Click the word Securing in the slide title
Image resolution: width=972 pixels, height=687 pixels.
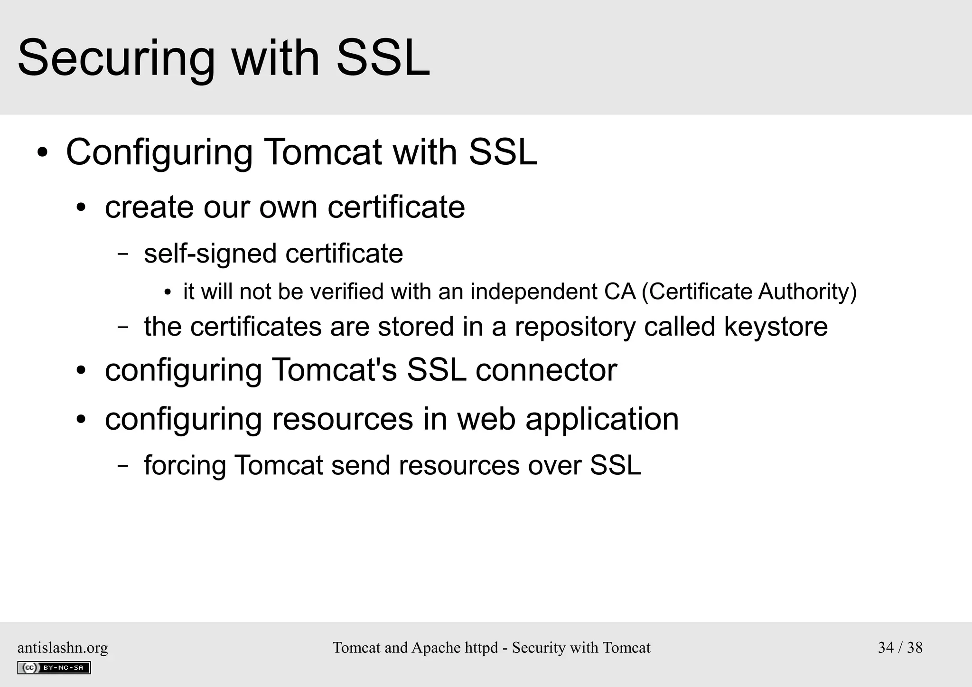click(116, 59)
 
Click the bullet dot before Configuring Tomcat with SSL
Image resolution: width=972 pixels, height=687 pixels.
click(43, 153)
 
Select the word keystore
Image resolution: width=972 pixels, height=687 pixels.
click(776, 327)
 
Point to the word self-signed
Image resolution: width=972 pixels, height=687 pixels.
click(210, 254)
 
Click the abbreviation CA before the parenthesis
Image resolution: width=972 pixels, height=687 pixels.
click(620, 292)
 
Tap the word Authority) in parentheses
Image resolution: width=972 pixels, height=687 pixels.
click(807, 292)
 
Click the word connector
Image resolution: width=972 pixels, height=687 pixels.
click(546, 370)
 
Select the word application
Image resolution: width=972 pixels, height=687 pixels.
click(602, 420)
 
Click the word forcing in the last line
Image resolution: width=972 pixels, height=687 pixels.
click(185, 465)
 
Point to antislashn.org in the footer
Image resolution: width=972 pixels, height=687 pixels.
click(63, 648)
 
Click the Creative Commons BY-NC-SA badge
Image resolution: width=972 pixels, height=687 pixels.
click(54, 668)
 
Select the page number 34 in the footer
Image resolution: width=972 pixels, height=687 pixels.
click(886, 648)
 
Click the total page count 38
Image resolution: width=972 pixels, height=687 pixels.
click(915, 648)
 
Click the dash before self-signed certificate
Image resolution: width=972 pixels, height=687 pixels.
click(123, 254)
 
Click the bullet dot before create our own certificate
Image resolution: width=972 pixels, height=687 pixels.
click(82, 208)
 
